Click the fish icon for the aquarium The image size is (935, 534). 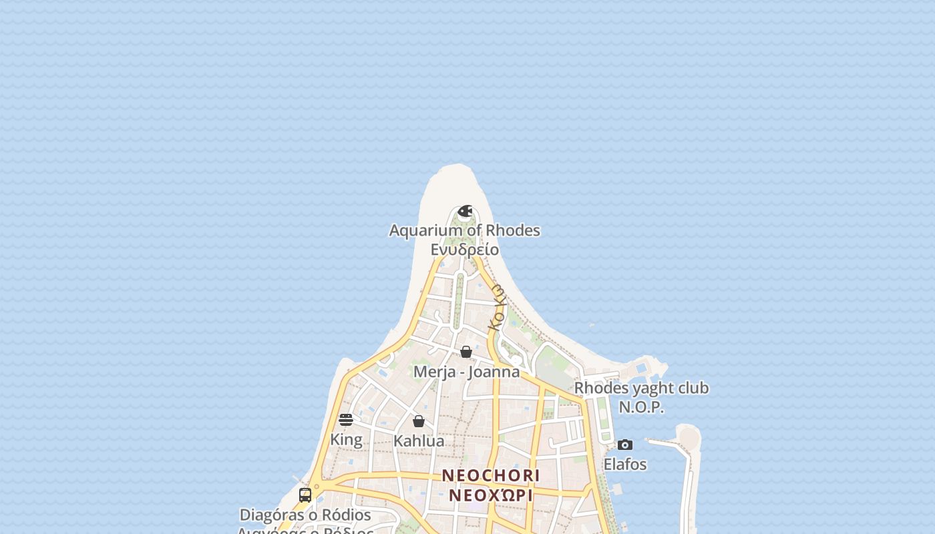point(465,212)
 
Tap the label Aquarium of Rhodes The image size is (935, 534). point(465,230)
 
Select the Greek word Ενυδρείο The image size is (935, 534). point(465,250)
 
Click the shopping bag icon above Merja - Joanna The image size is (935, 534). point(466,352)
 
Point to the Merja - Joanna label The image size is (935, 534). point(466,372)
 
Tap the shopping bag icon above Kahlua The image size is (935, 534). point(419,421)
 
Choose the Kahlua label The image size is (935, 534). point(419,441)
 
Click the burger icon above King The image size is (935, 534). point(346,419)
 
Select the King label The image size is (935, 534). point(346,439)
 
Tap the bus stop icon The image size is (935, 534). point(305,495)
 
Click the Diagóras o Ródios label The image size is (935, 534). point(305,515)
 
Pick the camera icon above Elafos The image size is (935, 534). point(625,445)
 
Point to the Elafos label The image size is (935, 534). point(625,464)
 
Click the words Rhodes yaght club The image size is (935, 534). point(641,388)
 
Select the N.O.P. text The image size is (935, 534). point(641,407)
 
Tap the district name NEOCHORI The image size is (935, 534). point(491,475)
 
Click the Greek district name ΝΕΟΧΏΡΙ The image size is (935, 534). point(491,495)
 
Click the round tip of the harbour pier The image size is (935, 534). point(689,438)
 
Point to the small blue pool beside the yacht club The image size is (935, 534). point(642,367)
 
